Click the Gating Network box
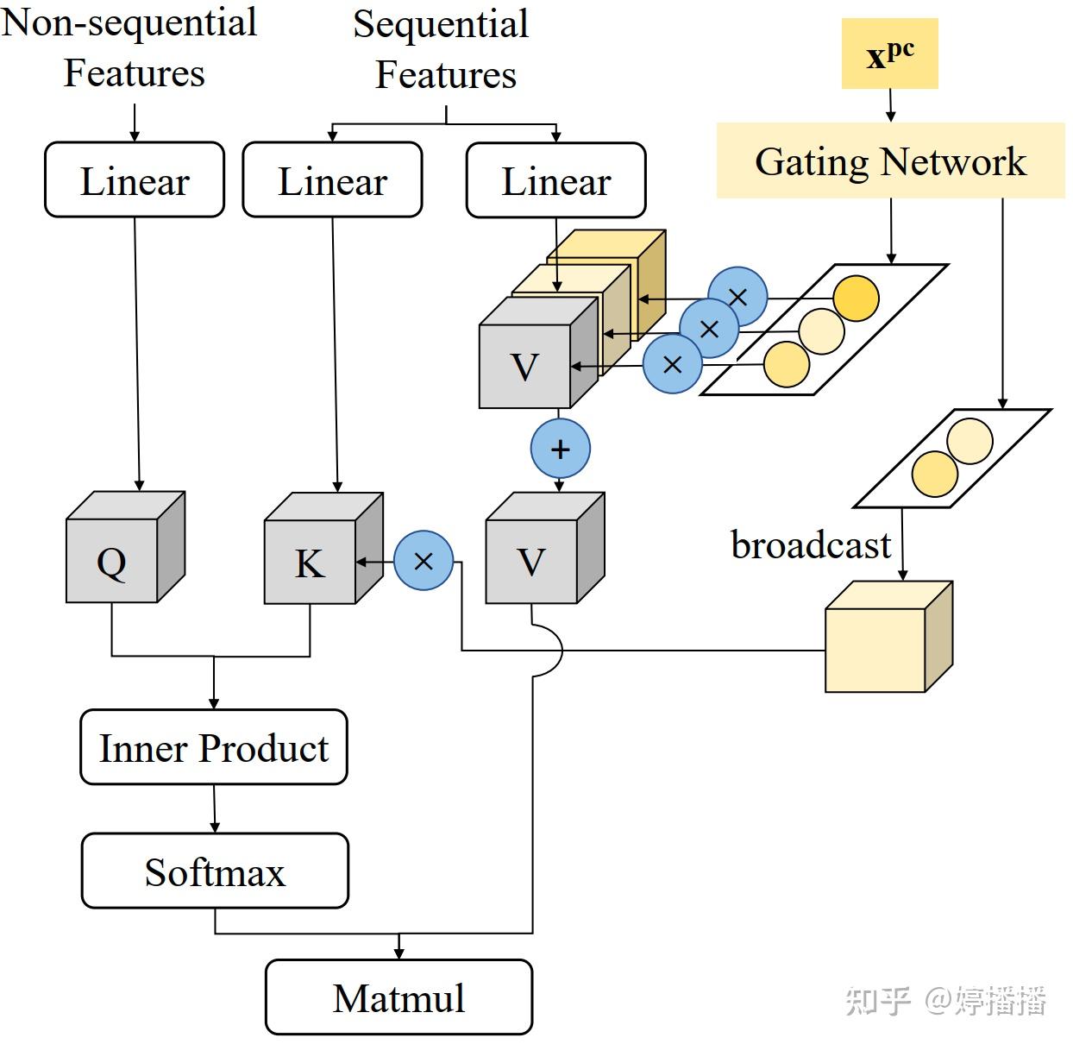tap(890, 161)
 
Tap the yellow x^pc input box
tap(889, 54)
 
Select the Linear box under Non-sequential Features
tap(135, 180)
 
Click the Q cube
tap(113, 557)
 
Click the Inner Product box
tap(214, 747)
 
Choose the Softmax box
tap(215, 871)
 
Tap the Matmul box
tap(398, 997)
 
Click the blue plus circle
tap(561, 449)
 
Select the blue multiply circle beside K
tap(424, 562)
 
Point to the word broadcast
tap(810, 545)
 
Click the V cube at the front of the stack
tap(526, 362)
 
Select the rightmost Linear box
tap(555, 180)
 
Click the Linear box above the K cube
tap(332, 180)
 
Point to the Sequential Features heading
tap(442, 49)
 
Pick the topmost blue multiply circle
tap(737, 297)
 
